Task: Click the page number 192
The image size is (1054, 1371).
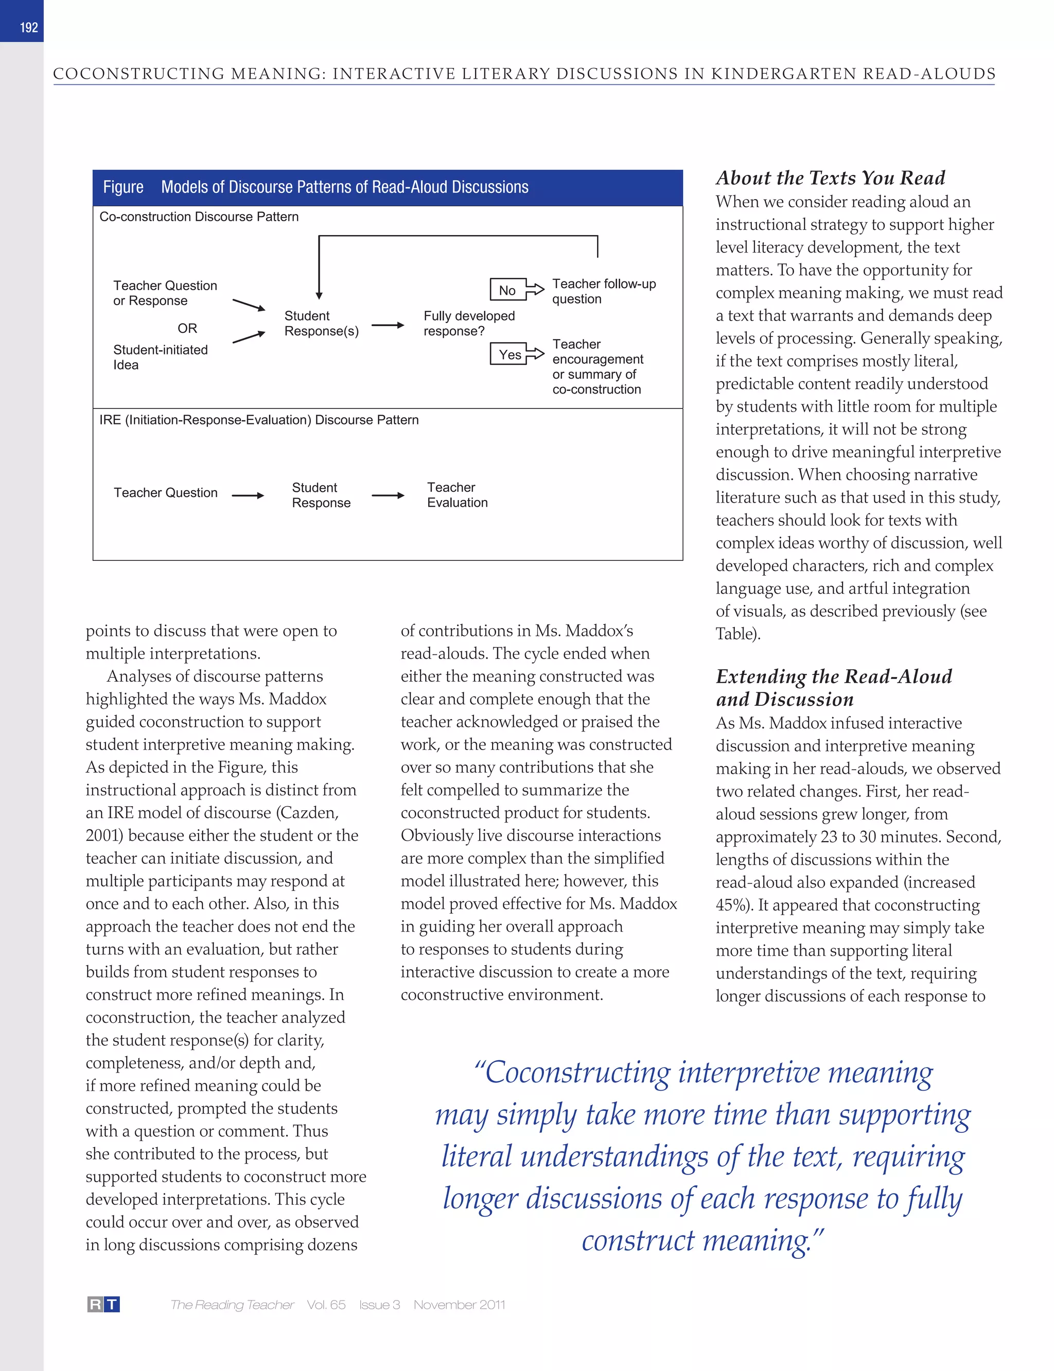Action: tap(29, 28)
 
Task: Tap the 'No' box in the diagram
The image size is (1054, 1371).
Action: tap(507, 290)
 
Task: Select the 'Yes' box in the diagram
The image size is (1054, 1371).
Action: tap(509, 354)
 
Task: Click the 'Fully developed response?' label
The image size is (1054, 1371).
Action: tap(469, 323)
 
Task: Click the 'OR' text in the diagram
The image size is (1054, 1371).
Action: tap(187, 328)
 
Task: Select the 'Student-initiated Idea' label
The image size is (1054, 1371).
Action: tap(160, 357)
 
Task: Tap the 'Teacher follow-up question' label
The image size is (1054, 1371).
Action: tap(603, 291)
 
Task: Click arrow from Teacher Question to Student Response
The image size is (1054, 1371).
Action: tap(248, 495)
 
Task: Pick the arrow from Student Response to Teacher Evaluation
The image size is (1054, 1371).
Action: tap(388, 495)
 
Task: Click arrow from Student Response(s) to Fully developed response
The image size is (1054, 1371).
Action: tap(388, 325)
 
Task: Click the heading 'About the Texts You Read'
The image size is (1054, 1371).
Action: tap(830, 178)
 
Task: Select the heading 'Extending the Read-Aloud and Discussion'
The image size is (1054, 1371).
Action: tap(833, 687)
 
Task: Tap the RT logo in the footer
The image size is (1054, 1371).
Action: tap(103, 1305)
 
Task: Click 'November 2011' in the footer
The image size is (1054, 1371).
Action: tap(459, 1305)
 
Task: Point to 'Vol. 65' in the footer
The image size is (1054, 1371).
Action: tap(326, 1305)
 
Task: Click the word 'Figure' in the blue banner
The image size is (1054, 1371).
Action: tap(123, 187)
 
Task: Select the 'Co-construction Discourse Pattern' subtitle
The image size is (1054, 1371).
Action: tap(199, 217)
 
